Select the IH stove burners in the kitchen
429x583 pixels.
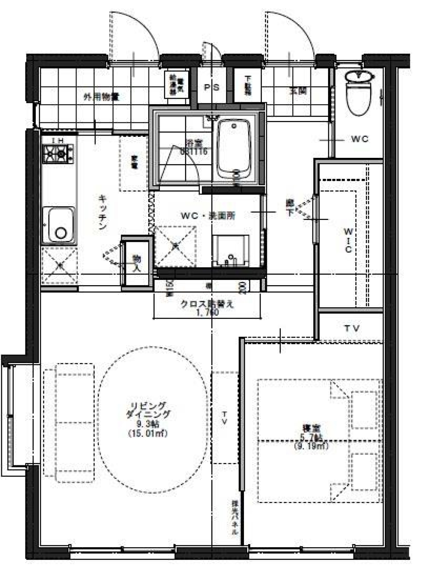pos(58,155)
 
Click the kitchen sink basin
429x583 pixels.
pos(59,226)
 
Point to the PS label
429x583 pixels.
pos(212,88)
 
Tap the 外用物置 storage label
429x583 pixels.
pos(101,96)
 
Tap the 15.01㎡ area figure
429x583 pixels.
pos(147,433)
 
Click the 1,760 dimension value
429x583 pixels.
pos(207,313)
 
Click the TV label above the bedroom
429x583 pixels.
pos(352,328)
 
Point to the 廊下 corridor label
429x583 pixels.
pos(290,208)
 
